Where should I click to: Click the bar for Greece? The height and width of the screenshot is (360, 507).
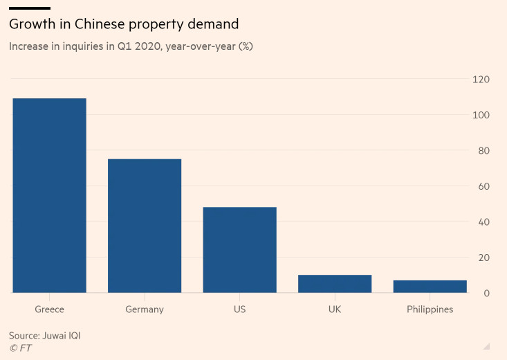pyautogui.click(x=50, y=195)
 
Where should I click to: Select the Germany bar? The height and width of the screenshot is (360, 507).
pyautogui.click(x=145, y=226)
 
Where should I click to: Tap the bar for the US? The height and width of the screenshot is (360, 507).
pyautogui.click(x=239, y=249)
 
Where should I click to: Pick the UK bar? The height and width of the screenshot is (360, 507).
pyautogui.click(x=335, y=284)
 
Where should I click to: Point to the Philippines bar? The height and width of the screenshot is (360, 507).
pyautogui.click(x=430, y=286)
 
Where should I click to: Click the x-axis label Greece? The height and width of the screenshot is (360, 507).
pyautogui.click(x=50, y=309)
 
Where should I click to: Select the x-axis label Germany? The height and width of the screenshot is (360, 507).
pyautogui.click(x=145, y=309)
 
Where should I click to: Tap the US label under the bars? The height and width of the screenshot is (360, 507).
pyautogui.click(x=239, y=309)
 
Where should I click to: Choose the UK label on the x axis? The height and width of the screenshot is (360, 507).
pyautogui.click(x=335, y=309)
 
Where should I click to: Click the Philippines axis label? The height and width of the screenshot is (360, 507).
pyautogui.click(x=430, y=309)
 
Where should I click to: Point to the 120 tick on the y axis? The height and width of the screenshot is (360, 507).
pyautogui.click(x=481, y=80)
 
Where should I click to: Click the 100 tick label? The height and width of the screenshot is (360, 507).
pyautogui.click(x=481, y=115)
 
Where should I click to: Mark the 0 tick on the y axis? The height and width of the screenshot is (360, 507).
pyautogui.click(x=486, y=294)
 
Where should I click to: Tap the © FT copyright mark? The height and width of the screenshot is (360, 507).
pyautogui.click(x=20, y=348)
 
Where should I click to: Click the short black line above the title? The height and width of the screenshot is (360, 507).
pyautogui.click(x=30, y=8)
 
